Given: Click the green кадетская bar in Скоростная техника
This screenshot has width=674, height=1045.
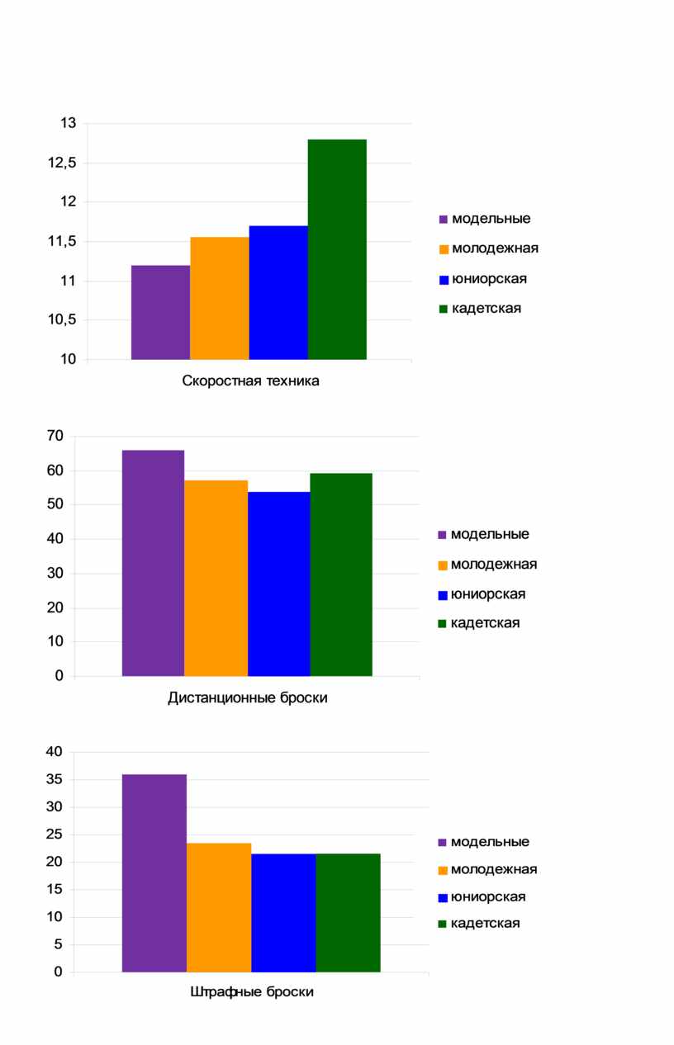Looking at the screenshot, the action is [337, 249].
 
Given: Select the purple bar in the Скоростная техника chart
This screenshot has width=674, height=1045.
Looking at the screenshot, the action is [160, 312].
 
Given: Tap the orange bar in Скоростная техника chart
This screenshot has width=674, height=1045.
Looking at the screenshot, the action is [220, 298].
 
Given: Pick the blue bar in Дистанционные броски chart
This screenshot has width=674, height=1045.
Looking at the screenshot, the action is [278, 584].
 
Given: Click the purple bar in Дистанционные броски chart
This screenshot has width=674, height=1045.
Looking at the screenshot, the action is [153, 563].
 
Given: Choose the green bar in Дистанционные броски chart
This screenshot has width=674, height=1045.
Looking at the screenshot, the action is [341, 575].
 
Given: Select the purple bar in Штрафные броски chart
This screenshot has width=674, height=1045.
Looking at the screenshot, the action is [154, 873].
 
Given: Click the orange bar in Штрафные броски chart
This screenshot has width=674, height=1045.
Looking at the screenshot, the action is [219, 908].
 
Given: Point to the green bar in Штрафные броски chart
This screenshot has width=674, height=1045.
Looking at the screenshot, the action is [349, 913].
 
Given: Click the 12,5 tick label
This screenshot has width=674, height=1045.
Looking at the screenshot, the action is [62, 163].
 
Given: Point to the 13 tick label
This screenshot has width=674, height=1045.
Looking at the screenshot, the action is [68, 123].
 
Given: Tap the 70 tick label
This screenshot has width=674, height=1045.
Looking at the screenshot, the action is [55, 436].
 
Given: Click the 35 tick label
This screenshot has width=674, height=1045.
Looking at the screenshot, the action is [55, 779].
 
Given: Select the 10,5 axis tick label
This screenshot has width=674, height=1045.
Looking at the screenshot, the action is [62, 319].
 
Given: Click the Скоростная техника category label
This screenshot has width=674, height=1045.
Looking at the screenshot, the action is [250, 381].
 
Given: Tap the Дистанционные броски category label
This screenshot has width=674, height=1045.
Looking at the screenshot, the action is [248, 698].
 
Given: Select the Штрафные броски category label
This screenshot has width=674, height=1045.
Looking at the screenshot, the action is [252, 992].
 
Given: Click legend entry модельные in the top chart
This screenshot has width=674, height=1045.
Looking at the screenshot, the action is [485, 219].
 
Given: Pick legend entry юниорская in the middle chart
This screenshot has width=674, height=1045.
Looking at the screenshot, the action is [482, 594].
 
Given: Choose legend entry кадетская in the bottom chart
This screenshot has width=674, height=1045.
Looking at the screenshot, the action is [479, 923].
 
